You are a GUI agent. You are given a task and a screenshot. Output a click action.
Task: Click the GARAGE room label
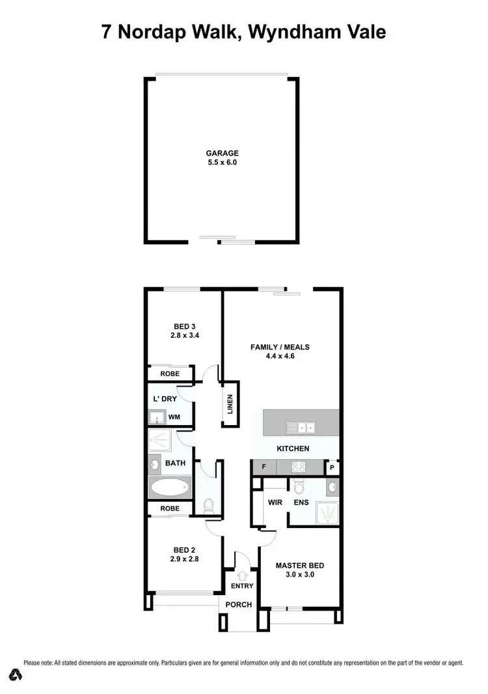point(223,154)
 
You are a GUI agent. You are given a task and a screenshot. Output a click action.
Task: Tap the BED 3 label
point(185,326)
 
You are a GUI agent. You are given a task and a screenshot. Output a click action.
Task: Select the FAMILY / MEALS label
point(280,347)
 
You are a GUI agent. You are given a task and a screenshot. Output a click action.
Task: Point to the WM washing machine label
point(174,417)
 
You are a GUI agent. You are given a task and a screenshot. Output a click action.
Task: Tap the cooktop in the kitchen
point(298,466)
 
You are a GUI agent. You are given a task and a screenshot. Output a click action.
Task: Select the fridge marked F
point(264,467)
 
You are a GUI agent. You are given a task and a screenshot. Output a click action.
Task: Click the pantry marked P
point(332,467)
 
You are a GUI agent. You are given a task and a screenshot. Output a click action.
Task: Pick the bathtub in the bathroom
point(170,487)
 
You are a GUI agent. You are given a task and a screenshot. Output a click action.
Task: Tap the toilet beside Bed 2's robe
point(208,505)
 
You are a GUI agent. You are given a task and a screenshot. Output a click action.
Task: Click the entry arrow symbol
point(242,575)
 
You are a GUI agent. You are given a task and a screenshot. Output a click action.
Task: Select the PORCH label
point(239,604)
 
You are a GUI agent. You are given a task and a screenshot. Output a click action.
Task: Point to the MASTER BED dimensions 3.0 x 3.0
point(299,575)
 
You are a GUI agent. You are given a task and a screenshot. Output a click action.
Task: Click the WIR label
point(273,502)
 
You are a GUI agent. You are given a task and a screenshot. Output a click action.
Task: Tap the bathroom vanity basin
point(156,464)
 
